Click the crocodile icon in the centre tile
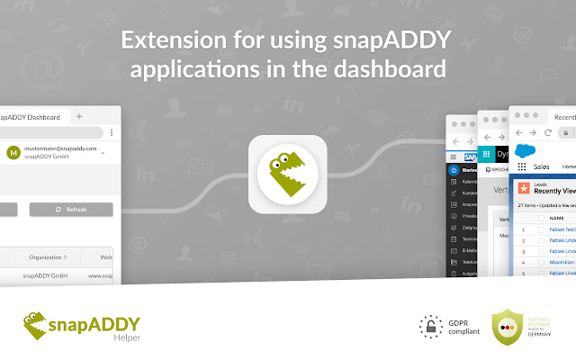click(x=288, y=175)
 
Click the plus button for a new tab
click(x=79, y=117)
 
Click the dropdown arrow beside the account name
click(x=103, y=153)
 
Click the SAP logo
click(x=469, y=157)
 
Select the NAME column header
click(x=556, y=218)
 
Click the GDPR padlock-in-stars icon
click(x=433, y=325)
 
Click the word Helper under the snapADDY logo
click(x=127, y=338)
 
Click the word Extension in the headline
click(x=166, y=41)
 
